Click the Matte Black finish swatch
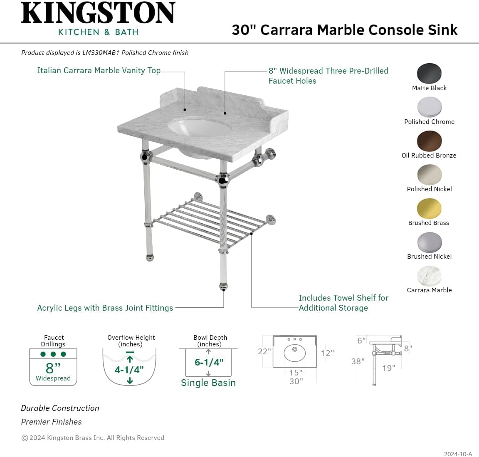[x=429, y=74]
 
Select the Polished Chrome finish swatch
[x=429, y=107]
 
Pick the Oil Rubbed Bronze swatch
[x=429, y=141]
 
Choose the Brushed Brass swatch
[x=429, y=208]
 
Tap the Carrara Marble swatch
[x=429, y=276]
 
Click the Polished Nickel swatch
[x=429, y=175]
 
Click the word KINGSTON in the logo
[x=98, y=14]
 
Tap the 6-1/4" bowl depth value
[x=209, y=362]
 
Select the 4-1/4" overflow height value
[x=129, y=369]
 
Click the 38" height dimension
[x=358, y=361]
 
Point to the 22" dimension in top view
[x=264, y=352]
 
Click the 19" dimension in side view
[x=388, y=368]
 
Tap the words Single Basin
[x=208, y=383]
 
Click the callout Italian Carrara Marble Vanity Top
[x=99, y=71]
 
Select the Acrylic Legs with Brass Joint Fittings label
[x=105, y=308]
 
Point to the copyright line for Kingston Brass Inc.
[x=93, y=438]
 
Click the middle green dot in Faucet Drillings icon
[x=53, y=354]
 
